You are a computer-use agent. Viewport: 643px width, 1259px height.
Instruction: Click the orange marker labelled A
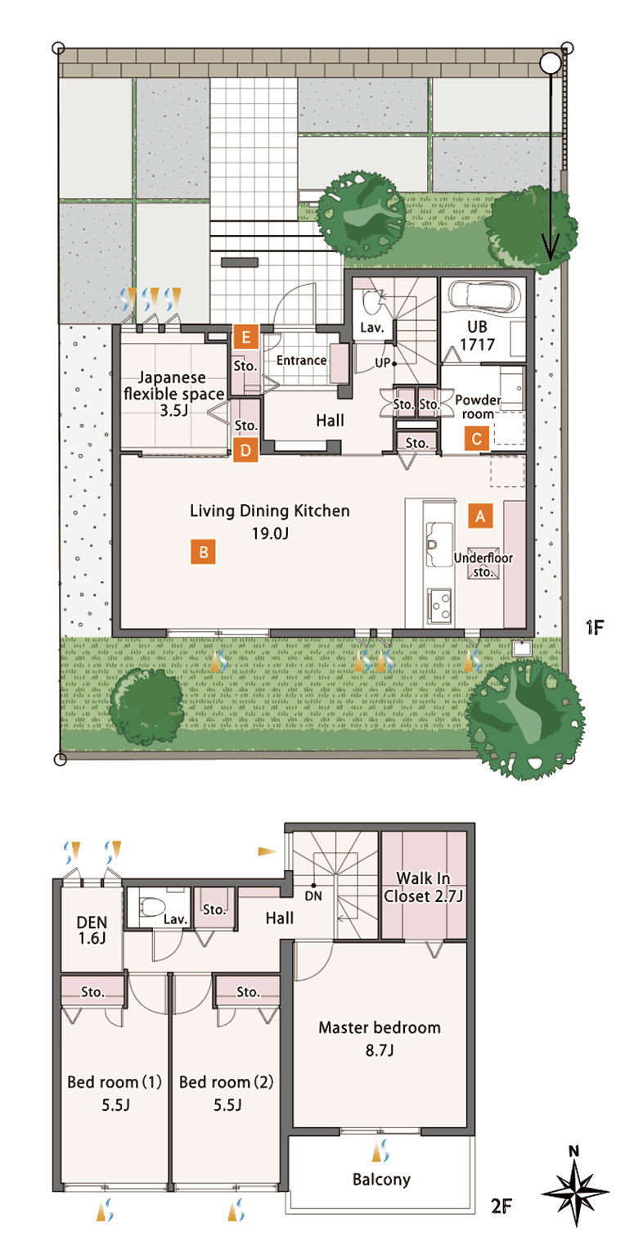click(x=480, y=516)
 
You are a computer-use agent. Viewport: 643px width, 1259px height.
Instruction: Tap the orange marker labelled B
click(x=203, y=552)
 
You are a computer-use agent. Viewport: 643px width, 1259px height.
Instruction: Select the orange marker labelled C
click(x=477, y=439)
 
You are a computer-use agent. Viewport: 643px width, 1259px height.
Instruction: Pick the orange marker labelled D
click(x=245, y=450)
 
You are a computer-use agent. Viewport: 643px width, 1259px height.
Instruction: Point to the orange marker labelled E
click(x=245, y=337)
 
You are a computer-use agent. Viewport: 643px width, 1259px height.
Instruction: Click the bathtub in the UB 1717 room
click(x=483, y=295)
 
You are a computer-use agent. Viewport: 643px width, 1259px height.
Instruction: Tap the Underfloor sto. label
click(x=483, y=565)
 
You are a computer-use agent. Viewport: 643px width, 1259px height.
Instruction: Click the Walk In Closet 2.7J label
click(x=424, y=887)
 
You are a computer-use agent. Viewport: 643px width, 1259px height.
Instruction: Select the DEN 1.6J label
click(x=92, y=930)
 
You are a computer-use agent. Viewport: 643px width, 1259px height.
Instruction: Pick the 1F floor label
click(x=594, y=627)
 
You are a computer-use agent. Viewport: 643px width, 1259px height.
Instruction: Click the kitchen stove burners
click(x=439, y=605)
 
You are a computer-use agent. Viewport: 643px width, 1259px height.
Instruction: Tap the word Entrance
click(x=302, y=360)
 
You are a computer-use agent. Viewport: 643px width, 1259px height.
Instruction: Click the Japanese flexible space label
click(x=173, y=394)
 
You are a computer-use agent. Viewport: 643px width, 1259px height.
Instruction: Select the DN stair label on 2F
click(x=313, y=896)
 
